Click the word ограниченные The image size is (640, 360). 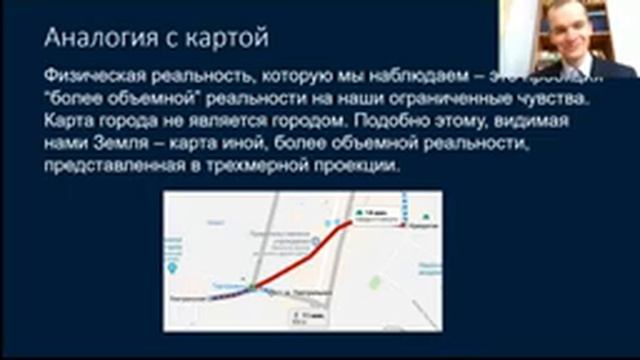[451, 101]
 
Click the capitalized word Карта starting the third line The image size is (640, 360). [69, 123]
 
